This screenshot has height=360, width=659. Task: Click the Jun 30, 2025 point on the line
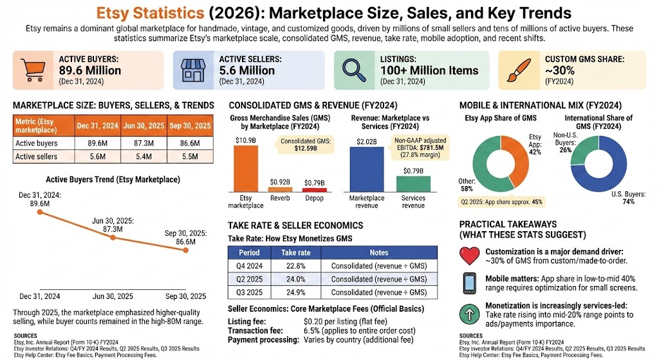[x=113, y=238]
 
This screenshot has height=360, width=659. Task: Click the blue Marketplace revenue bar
[x=366, y=169]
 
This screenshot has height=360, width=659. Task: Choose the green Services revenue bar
[x=413, y=184]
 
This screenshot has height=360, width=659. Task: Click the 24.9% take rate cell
[x=292, y=292]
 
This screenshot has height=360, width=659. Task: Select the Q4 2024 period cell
[x=249, y=265]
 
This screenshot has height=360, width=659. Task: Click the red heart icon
[x=470, y=256]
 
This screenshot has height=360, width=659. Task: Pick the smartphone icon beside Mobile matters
[x=470, y=283]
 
